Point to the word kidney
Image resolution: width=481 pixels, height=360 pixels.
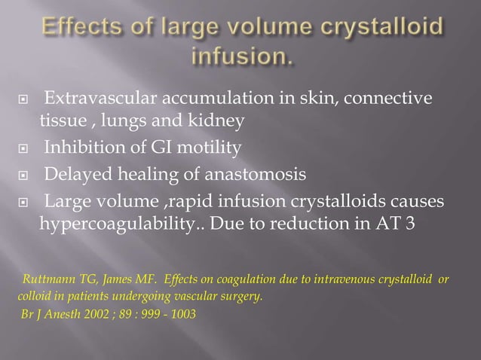coord(219,121)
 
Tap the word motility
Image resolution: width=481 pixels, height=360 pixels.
coord(204,147)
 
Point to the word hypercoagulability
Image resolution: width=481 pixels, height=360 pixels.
coord(119,224)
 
